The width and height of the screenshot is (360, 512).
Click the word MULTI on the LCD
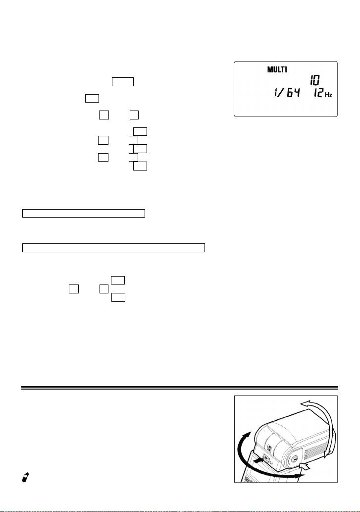[x=277, y=69]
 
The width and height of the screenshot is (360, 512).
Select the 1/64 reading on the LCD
[x=286, y=94]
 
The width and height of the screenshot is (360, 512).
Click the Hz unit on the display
[x=328, y=95]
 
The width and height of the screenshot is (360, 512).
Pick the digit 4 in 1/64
[x=296, y=94]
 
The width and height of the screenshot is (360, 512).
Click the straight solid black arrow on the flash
[x=257, y=460]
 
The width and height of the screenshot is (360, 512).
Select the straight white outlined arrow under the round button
[x=305, y=466]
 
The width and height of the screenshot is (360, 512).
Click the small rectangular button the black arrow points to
[x=265, y=457]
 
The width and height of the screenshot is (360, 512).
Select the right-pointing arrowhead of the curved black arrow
[x=301, y=476]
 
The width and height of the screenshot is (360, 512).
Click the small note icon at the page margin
[x=25, y=477]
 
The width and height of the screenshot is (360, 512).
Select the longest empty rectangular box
[x=113, y=248]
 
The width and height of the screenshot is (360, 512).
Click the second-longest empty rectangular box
[x=84, y=214]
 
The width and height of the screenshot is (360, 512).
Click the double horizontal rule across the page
[x=180, y=388]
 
